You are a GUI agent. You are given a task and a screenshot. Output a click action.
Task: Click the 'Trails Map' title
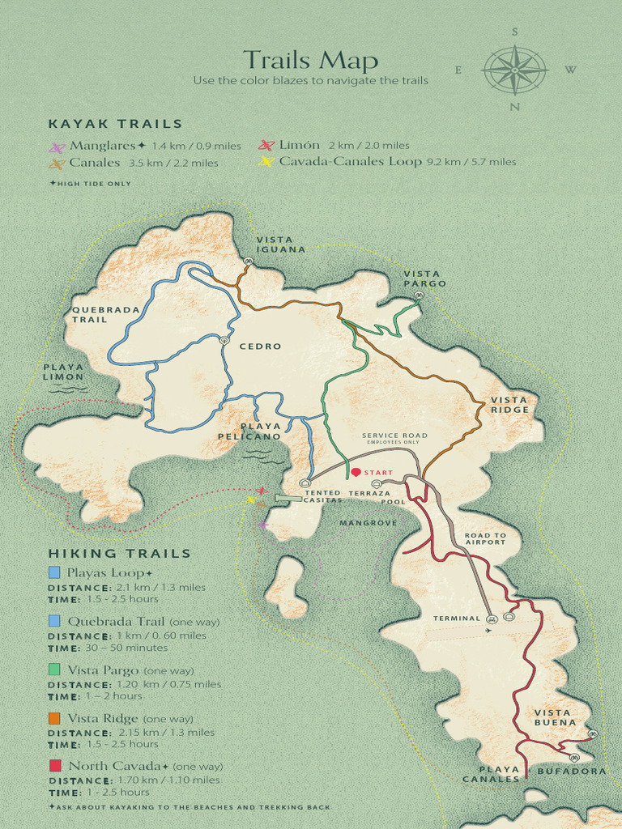(x=310, y=61)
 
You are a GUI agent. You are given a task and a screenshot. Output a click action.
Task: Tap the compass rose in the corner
(x=514, y=70)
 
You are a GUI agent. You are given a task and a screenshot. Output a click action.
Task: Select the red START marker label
(x=377, y=472)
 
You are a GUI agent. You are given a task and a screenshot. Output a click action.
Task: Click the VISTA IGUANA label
(x=281, y=244)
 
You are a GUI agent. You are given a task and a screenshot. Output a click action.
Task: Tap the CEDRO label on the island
(x=260, y=346)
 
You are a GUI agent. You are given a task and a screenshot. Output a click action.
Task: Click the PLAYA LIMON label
(x=63, y=372)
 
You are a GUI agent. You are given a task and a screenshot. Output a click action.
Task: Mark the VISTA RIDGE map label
(x=509, y=405)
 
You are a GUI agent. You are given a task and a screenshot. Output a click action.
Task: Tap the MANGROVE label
(x=369, y=523)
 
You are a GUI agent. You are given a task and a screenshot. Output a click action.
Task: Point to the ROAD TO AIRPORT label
(x=485, y=538)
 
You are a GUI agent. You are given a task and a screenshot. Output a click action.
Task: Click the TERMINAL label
(x=457, y=619)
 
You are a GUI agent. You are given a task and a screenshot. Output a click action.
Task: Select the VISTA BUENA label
(x=556, y=717)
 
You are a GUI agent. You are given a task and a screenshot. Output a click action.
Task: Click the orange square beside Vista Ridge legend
(x=54, y=718)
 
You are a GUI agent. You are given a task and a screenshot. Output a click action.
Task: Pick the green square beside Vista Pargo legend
(x=54, y=670)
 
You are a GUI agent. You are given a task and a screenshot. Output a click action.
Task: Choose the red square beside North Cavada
(x=54, y=765)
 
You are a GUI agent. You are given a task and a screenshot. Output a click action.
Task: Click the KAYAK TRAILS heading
(x=115, y=124)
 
